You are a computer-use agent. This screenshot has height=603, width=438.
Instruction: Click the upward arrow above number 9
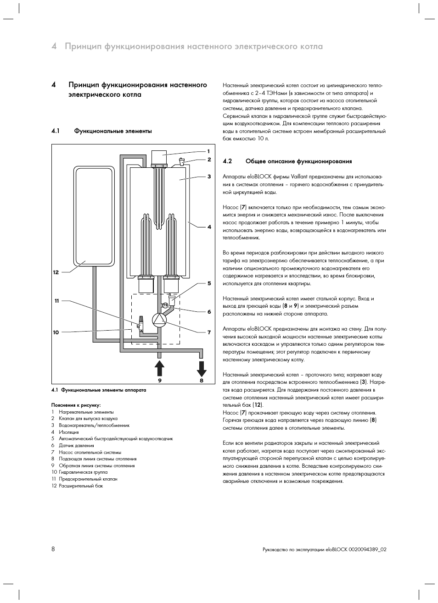click(159, 369)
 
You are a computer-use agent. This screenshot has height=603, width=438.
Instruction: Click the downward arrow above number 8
click(202, 369)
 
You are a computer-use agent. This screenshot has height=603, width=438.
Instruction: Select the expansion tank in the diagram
click(94, 216)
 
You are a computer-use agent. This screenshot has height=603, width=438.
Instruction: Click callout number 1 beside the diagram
click(208, 151)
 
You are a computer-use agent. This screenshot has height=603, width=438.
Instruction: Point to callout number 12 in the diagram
click(56, 272)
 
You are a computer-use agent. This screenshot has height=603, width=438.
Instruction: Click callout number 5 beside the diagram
click(209, 283)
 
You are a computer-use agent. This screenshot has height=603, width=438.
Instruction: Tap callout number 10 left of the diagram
click(56, 332)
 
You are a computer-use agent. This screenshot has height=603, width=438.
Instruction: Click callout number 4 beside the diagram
click(209, 227)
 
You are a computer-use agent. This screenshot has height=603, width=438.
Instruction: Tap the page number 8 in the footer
click(53, 549)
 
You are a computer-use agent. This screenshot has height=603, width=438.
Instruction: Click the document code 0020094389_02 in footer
click(367, 549)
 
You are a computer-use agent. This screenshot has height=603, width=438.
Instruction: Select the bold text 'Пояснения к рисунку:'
click(76, 405)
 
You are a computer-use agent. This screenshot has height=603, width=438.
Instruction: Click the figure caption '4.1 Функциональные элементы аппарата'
click(99, 390)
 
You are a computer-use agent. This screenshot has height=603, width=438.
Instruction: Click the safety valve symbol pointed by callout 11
click(140, 322)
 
